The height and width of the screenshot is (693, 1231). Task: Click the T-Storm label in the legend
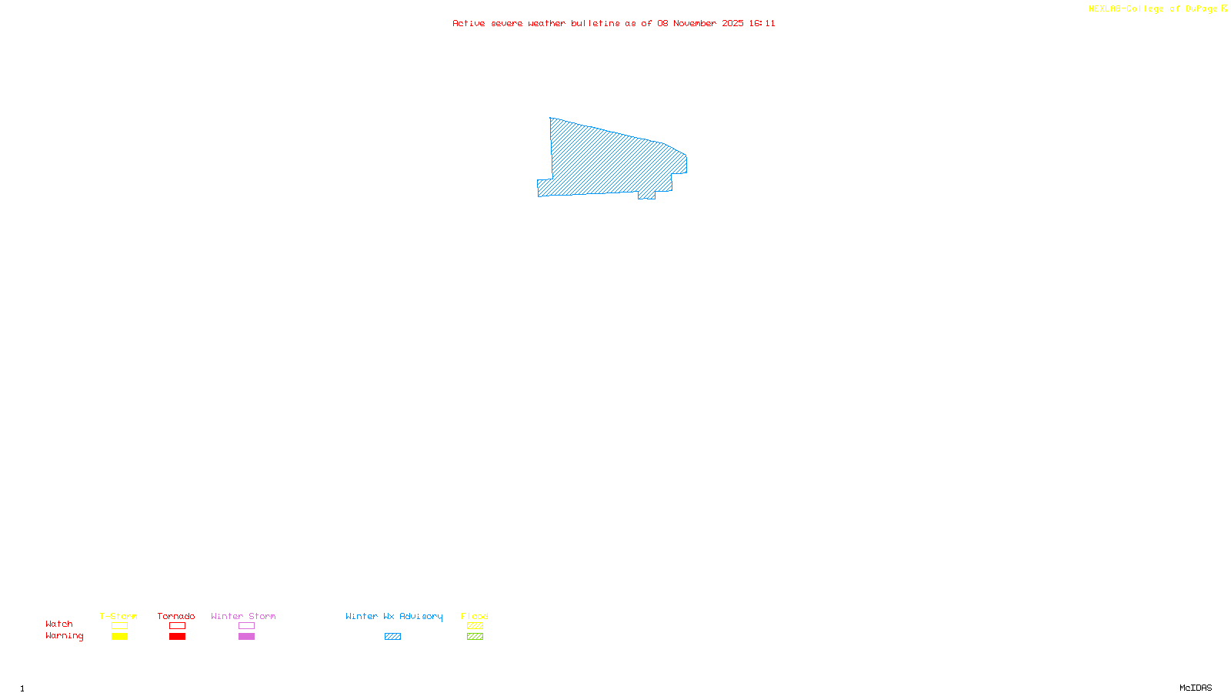(118, 616)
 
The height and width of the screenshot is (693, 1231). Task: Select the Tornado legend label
(176, 616)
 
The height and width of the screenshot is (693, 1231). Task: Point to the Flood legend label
(475, 616)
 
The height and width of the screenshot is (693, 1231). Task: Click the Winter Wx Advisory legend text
(394, 616)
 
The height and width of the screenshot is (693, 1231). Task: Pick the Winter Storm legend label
(243, 616)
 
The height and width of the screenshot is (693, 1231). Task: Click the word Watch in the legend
(59, 624)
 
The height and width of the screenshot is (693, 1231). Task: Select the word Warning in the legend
(64, 636)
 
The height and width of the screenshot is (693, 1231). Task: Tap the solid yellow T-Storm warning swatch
(119, 637)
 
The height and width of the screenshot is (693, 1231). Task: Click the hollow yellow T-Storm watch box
(119, 626)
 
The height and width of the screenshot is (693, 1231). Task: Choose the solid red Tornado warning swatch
(177, 637)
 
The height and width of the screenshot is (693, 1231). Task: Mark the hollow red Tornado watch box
(177, 626)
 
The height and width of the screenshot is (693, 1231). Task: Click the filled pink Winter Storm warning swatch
(246, 637)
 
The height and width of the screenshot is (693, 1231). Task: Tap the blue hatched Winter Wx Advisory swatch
(392, 637)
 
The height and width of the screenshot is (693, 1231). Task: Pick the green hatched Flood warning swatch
(475, 637)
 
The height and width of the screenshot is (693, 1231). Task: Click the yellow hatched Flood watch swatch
(475, 626)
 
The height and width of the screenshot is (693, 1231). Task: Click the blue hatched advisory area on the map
(608, 162)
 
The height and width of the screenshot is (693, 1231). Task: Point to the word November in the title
(695, 23)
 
